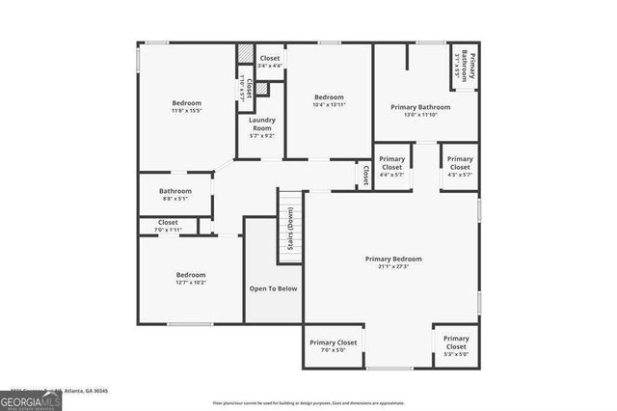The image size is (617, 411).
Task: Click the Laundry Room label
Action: tap(262, 123)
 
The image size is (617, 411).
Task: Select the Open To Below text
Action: tap(274, 288)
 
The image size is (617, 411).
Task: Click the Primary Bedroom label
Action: tap(393, 259)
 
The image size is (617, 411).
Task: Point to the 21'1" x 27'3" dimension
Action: tap(393, 267)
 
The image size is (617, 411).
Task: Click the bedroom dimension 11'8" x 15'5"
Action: tap(187, 112)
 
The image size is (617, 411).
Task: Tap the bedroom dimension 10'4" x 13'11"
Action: tap(329, 105)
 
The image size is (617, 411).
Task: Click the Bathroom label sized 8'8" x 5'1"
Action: tap(175, 191)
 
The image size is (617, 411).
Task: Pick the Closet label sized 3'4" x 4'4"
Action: tap(270, 58)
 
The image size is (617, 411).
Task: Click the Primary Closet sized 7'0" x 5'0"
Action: tap(333, 342)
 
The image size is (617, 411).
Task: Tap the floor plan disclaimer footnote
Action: tap(308, 403)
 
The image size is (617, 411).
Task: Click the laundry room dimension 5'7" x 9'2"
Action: tap(262, 136)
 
